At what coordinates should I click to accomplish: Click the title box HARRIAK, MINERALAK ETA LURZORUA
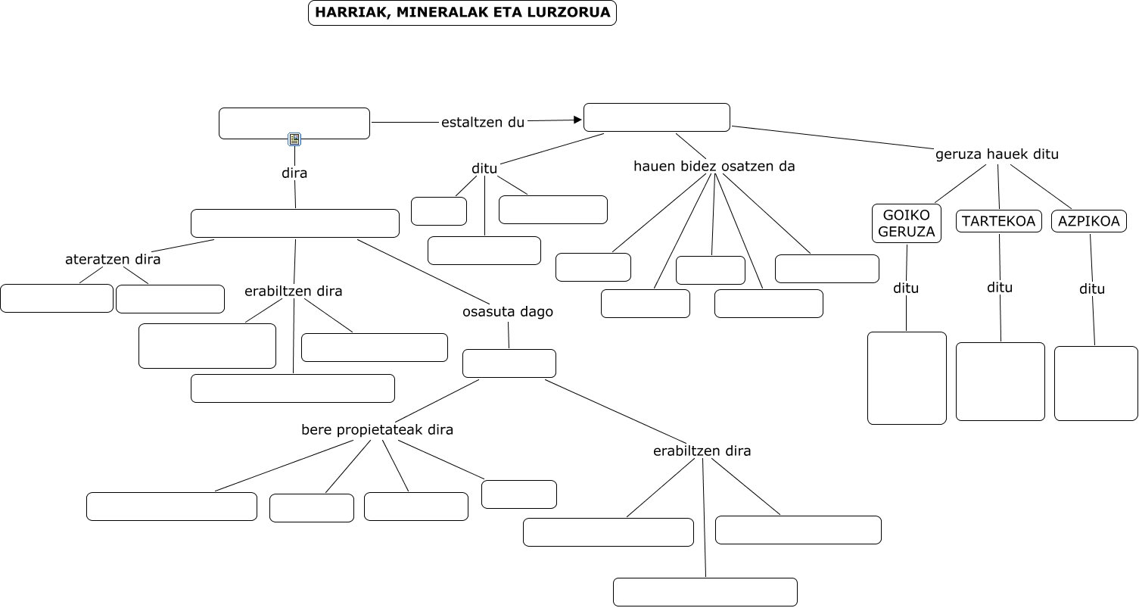pos(462,13)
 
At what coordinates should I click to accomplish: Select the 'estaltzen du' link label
pos(483,123)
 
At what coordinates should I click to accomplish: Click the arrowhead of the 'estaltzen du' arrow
pos(577,120)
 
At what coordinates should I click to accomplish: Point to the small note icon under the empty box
pos(294,139)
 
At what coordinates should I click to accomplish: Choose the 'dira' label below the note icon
pos(294,173)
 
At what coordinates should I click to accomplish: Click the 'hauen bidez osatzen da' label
pos(714,166)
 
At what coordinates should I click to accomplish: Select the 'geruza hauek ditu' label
pos(997,154)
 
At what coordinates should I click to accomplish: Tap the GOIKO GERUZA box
pos(906,223)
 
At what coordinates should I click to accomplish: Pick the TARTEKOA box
pos(999,222)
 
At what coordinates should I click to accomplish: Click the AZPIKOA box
pos(1088,222)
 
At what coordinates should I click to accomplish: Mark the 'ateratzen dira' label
pos(113,260)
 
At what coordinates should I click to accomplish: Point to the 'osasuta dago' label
pos(508,312)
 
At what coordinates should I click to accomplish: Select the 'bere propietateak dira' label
pos(377,430)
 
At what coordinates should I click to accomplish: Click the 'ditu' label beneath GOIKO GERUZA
pos(905,288)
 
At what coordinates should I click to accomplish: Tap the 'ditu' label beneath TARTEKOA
pos(1000,288)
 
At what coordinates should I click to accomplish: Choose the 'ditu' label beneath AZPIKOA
pos(1092,289)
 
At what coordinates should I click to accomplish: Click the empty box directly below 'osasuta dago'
pos(509,363)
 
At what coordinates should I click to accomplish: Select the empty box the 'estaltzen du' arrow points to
pos(656,117)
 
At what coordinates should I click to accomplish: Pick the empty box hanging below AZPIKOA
pos(1095,383)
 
